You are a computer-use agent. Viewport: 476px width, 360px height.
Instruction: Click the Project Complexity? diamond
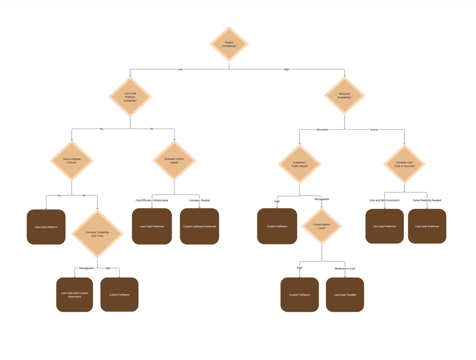tap(229, 44)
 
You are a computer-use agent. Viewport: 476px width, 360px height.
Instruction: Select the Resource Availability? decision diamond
tap(344, 95)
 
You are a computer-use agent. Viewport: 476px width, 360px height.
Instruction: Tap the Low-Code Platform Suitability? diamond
tap(130, 97)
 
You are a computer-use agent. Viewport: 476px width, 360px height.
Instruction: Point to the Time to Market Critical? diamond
tap(72, 160)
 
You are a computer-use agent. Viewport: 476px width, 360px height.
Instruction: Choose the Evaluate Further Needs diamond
tap(174, 160)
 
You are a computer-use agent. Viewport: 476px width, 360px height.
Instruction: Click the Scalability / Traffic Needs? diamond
tap(300, 164)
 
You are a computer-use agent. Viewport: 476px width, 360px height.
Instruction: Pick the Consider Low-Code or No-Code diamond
tap(404, 164)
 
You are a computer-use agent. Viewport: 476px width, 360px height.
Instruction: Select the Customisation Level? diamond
tap(322, 226)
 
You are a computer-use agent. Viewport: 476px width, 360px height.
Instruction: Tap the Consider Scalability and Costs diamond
tap(97, 234)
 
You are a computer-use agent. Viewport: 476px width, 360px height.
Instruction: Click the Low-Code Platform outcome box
tap(46, 227)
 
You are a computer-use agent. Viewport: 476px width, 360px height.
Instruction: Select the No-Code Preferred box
tap(384, 226)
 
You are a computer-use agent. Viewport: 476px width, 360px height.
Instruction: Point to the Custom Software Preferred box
tap(199, 226)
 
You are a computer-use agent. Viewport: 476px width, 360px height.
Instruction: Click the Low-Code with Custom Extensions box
tap(74, 295)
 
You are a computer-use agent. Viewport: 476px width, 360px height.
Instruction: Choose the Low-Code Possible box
tap(344, 295)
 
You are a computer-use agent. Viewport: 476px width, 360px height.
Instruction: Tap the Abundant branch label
tap(322, 129)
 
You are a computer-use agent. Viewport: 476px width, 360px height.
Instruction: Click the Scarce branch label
tap(374, 129)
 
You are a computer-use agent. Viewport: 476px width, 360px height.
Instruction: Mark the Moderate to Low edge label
tap(345, 268)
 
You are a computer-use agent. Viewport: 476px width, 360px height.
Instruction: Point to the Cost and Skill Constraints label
tap(384, 200)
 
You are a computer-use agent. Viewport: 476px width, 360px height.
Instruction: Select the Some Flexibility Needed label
tap(427, 200)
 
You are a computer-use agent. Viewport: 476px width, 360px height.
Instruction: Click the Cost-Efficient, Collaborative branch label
tap(151, 200)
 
